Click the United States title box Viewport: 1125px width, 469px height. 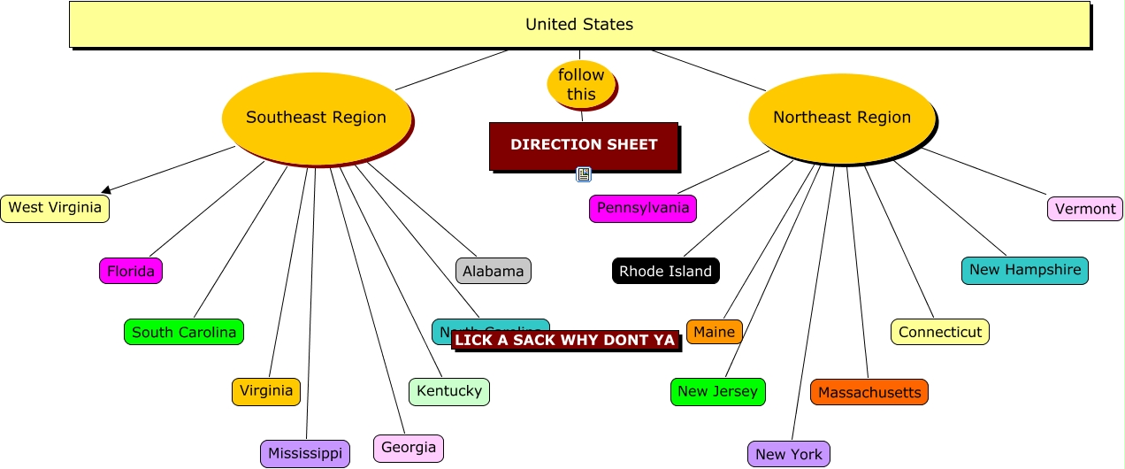click(x=579, y=25)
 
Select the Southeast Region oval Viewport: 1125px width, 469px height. click(x=316, y=118)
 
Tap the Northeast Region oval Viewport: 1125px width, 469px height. click(x=841, y=118)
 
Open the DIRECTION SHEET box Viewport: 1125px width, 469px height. click(x=584, y=145)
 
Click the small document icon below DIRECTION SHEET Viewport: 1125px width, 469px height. click(x=584, y=174)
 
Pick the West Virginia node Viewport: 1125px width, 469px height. click(x=55, y=209)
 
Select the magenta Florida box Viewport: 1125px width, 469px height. click(x=131, y=271)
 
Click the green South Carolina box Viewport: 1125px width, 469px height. click(x=184, y=333)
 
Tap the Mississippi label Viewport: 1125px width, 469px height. click(x=305, y=454)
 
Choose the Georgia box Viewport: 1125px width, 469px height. click(x=409, y=448)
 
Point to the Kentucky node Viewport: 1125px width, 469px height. click(x=449, y=391)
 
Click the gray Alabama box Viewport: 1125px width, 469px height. click(x=494, y=271)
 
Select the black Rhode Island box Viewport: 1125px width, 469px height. click(x=665, y=271)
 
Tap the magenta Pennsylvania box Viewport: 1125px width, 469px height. click(x=643, y=209)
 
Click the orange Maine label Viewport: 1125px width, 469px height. click(x=714, y=332)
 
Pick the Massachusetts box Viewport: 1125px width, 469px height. click(x=869, y=392)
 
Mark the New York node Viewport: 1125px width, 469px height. click(x=789, y=454)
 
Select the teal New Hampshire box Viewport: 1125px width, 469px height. click(x=1025, y=270)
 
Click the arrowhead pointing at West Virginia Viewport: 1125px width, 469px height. click(x=106, y=188)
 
